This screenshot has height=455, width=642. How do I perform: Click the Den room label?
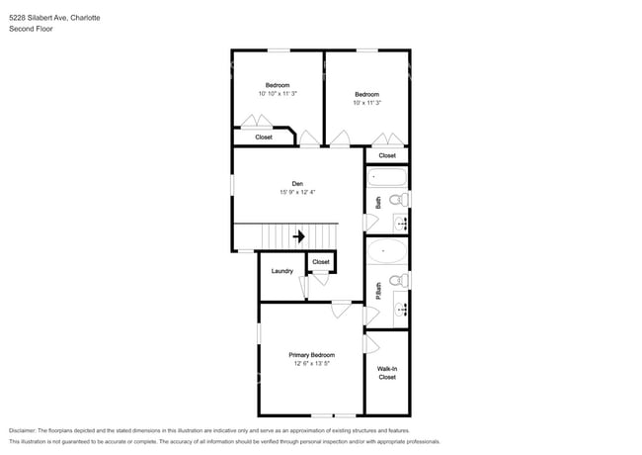(x=297, y=184)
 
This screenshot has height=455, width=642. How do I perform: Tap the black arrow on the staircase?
(x=299, y=236)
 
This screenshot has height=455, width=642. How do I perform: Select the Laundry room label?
(x=282, y=271)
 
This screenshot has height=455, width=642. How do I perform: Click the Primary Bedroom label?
(x=311, y=355)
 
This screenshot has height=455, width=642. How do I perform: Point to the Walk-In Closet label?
(x=387, y=373)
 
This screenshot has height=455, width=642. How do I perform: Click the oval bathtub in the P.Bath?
(x=387, y=251)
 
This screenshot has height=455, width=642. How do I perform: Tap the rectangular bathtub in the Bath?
(x=387, y=177)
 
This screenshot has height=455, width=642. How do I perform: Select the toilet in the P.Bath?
(x=399, y=281)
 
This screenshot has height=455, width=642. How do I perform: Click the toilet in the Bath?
(x=399, y=200)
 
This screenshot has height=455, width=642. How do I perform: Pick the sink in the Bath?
(x=400, y=224)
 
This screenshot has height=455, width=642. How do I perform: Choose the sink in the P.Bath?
(x=400, y=309)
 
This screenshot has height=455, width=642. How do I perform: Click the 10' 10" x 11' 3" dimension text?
(x=278, y=93)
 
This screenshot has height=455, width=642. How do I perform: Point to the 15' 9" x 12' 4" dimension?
(x=297, y=192)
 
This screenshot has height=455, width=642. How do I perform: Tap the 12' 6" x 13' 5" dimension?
(x=311, y=363)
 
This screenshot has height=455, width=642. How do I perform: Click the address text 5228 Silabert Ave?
(x=39, y=18)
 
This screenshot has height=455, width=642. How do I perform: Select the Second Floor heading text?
(x=31, y=29)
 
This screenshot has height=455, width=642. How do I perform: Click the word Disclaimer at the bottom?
(x=23, y=430)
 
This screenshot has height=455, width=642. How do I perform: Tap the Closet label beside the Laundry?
(x=321, y=261)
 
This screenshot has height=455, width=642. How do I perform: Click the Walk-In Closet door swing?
(x=371, y=344)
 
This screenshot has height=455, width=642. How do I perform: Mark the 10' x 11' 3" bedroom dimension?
(x=366, y=103)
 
